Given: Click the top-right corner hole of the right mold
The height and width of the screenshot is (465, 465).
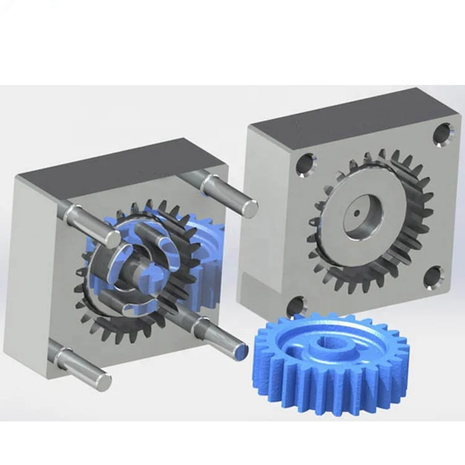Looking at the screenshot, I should coord(442,135).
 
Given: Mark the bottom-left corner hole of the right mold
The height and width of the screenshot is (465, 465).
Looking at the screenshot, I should coord(297,306).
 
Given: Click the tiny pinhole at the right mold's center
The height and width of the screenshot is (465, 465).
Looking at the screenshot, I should coord(356,211).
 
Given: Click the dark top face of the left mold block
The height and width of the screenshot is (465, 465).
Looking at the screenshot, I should coord(118,164).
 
